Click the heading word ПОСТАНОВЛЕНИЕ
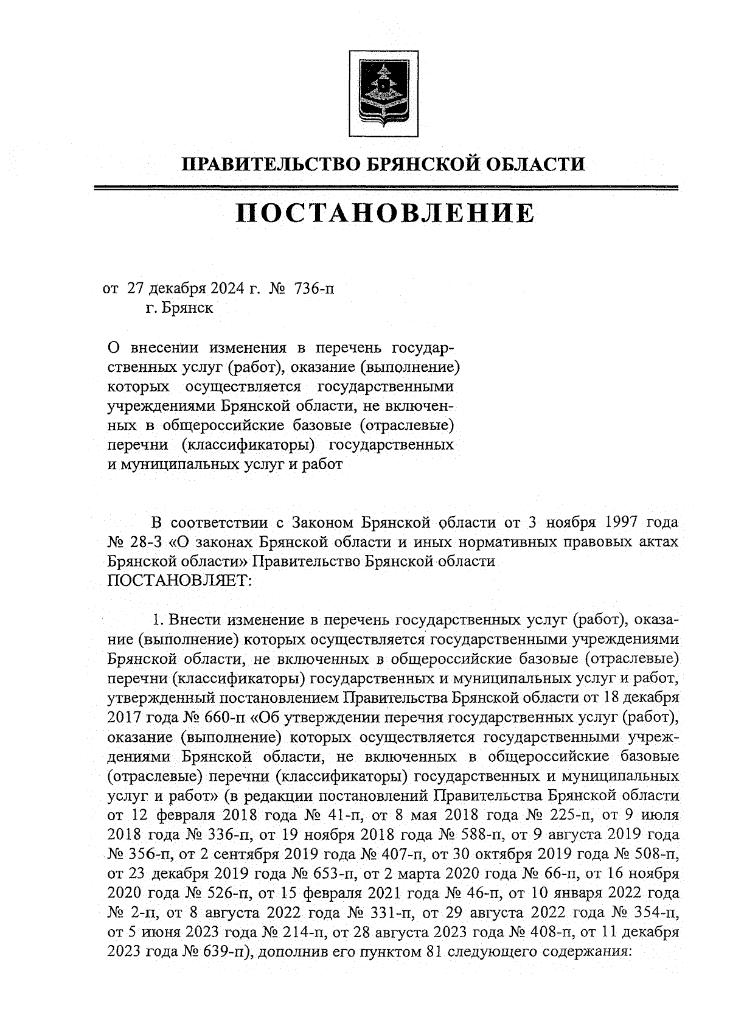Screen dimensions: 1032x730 click(385, 214)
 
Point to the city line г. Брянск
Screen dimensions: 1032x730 click(179, 308)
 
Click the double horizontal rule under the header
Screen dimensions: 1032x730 click(385, 189)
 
